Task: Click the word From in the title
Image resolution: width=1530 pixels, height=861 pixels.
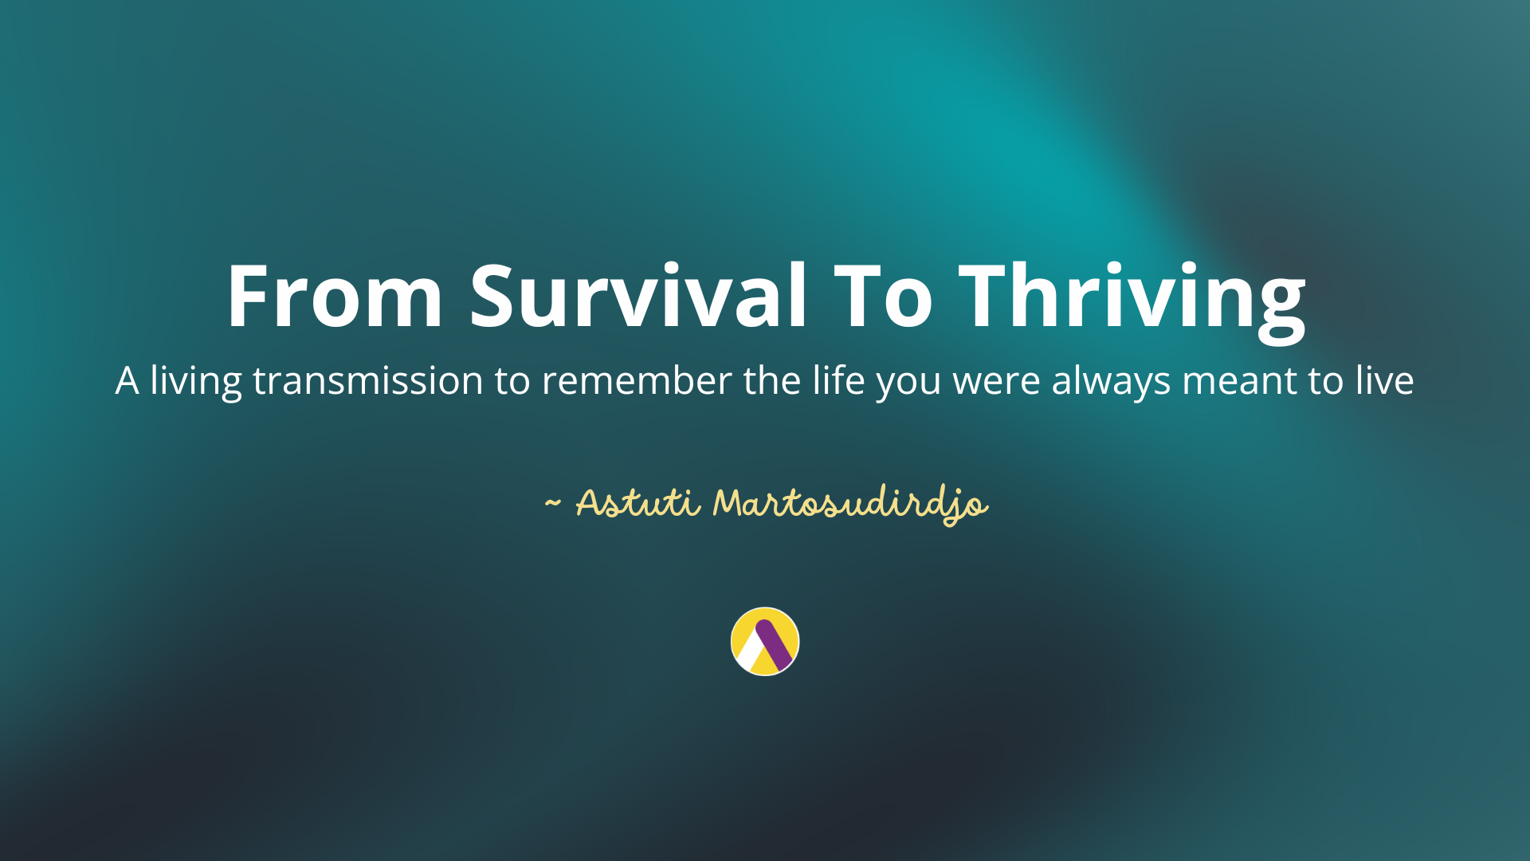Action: pyautogui.click(x=335, y=296)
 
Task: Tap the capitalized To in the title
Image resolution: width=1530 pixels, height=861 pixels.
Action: pyautogui.click(x=883, y=296)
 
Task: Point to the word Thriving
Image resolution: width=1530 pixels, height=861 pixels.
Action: pyautogui.click(x=1132, y=301)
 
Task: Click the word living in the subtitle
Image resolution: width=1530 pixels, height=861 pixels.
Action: pyautogui.click(x=196, y=381)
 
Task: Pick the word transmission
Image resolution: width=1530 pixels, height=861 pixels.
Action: pyautogui.click(x=368, y=380)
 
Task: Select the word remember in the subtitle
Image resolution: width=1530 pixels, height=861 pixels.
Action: pyautogui.click(x=637, y=380)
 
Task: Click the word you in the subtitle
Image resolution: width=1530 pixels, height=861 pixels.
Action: pyautogui.click(x=908, y=386)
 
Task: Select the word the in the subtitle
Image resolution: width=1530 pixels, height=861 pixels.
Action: pyautogui.click(x=772, y=380)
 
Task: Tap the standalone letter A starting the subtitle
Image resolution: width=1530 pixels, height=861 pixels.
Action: pyautogui.click(x=127, y=381)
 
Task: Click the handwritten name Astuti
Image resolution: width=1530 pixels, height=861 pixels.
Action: pyautogui.click(x=638, y=503)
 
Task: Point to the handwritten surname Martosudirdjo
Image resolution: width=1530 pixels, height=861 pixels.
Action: pyautogui.click(x=850, y=505)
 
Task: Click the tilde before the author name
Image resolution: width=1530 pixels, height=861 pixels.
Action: pyautogui.click(x=552, y=504)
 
